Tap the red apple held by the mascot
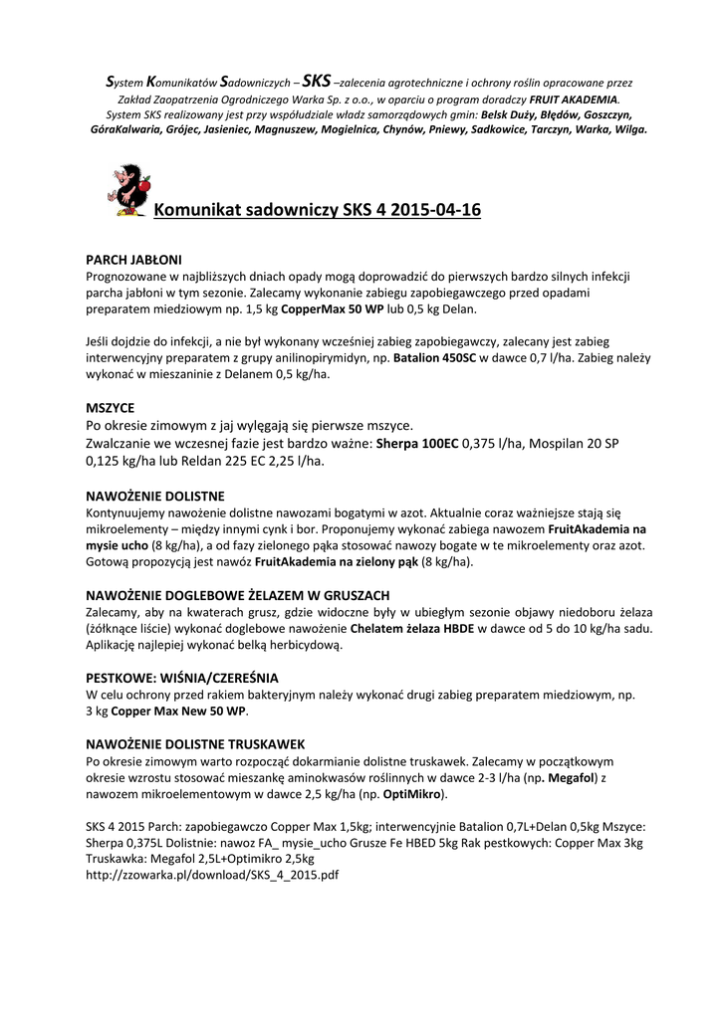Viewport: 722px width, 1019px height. (x=144, y=183)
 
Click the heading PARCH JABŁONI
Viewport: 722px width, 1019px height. (x=133, y=259)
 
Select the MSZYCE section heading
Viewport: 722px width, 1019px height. (x=111, y=408)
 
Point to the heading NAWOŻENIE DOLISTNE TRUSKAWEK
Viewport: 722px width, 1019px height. (x=195, y=743)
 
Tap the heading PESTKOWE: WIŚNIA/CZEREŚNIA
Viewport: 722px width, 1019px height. (x=182, y=678)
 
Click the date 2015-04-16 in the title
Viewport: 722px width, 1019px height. (x=436, y=210)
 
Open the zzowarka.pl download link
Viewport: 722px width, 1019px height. (x=213, y=876)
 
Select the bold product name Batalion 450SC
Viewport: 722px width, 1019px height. (x=434, y=357)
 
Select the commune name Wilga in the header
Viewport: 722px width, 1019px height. (x=628, y=129)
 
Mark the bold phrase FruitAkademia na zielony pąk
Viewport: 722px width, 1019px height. (x=356, y=561)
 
